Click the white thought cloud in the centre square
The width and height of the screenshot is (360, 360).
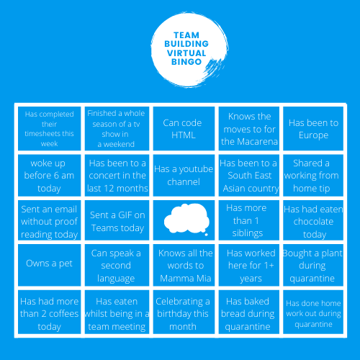tap(186, 219)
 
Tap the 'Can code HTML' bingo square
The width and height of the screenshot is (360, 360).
tap(184, 128)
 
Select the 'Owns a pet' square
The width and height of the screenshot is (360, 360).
tap(49, 265)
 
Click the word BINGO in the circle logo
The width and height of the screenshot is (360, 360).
tap(186, 62)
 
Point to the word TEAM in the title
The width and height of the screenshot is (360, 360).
tap(186, 35)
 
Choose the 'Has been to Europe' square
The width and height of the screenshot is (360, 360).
tap(313, 128)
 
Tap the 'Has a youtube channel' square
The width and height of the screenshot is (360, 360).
tap(184, 176)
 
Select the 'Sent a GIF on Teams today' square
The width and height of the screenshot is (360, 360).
tap(117, 220)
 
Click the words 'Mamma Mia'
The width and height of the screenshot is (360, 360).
tap(186, 279)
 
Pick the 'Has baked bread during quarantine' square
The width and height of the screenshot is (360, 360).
tap(249, 312)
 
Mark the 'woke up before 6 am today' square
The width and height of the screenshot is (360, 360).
tap(49, 176)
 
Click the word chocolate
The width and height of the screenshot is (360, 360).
tap(313, 222)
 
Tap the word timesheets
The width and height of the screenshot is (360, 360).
tap(49, 134)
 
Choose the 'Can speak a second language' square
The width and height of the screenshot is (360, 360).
tap(117, 265)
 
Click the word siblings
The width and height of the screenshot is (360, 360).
tap(248, 233)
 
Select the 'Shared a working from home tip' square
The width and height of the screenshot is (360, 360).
tap(313, 176)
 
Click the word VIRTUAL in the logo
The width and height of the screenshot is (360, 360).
tap(186, 53)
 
